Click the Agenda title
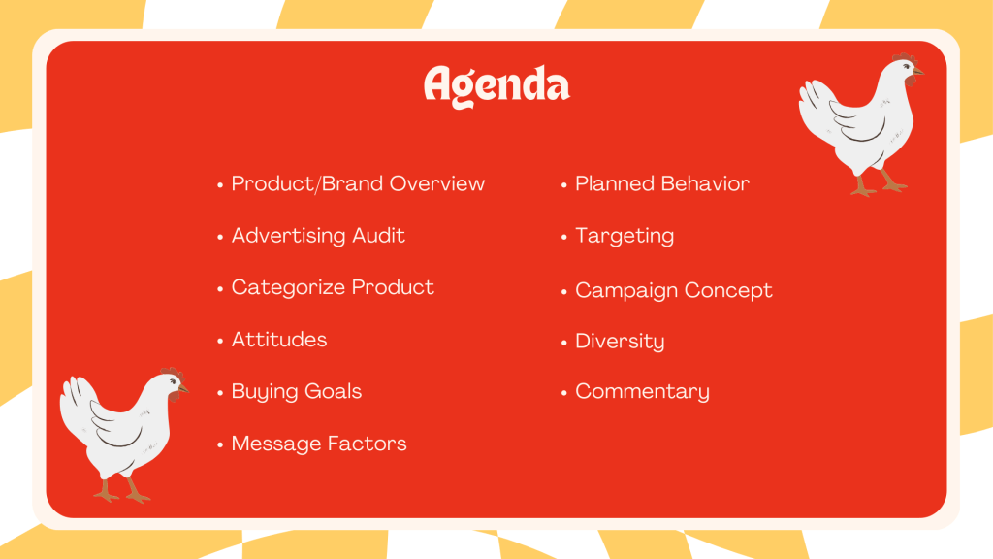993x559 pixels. click(496, 86)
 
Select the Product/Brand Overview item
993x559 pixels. click(358, 183)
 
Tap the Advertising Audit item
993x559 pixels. click(318, 236)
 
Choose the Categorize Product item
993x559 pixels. click(333, 287)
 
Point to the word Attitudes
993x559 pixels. click(279, 340)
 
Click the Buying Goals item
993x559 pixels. click(297, 392)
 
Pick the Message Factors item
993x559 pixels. click(318, 444)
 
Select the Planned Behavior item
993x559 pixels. click(661, 183)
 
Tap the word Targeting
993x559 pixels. click(625, 237)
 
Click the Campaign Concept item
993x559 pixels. click(674, 291)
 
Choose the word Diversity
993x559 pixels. click(620, 342)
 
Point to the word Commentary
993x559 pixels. click(642, 392)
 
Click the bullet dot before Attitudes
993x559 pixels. click(220, 341)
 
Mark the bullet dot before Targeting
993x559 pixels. click(563, 238)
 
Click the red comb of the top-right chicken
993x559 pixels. click(906, 58)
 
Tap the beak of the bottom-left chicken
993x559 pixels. click(183, 388)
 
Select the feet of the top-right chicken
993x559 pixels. click(879, 186)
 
